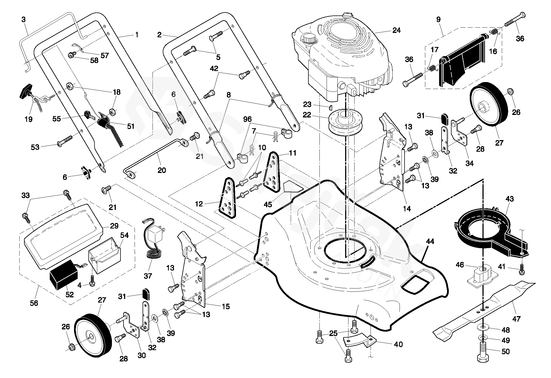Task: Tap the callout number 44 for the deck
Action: coord(430,242)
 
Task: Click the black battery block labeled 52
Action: coord(63,275)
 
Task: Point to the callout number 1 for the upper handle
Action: coord(136,35)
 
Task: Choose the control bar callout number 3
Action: coord(23,20)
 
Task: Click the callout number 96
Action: coord(247,119)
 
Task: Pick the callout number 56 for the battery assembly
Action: coord(34,303)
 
